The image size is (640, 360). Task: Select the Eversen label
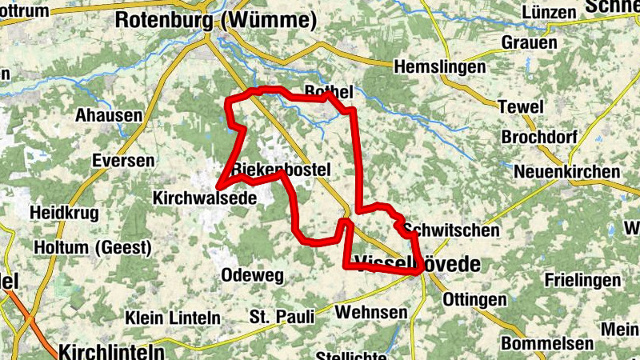click(x=123, y=161)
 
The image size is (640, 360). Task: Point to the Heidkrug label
click(x=63, y=213)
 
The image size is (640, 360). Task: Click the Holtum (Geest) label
click(x=92, y=248)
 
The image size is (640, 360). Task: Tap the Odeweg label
click(x=252, y=275)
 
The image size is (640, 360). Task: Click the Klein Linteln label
click(x=173, y=318)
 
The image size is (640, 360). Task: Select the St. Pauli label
click(x=282, y=317)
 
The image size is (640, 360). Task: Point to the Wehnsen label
click(x=372, y=311)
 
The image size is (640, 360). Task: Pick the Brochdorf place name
click(x=539, y=138)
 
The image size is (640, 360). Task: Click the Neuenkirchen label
click(x=566, y=172)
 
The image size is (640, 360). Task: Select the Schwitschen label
click(x=452, y=230)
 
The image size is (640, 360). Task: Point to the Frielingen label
click(x=582, y=280)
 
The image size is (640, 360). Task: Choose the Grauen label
click(x=530, y=42)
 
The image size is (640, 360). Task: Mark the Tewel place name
click(x=521, y=106)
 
